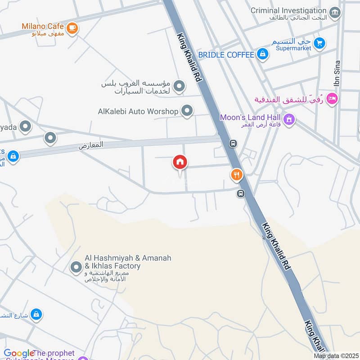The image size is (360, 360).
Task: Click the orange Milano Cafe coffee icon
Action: pos(72,28)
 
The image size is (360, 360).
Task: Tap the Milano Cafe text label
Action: pos(43,26)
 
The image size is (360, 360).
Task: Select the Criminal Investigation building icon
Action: pos(335,12)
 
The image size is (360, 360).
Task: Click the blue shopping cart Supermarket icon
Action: pos(319,43)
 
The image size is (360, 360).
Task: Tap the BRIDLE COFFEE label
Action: pos(226,55)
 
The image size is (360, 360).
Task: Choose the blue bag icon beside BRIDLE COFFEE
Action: pos(263,55)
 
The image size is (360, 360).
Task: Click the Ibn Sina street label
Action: pos(337,74)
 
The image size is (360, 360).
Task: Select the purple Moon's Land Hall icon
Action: pos(289,120)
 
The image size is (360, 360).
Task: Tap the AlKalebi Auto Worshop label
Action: pos(138,111)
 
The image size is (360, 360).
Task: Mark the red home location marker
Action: pos(180,162)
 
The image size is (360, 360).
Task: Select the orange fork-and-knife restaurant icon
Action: pos(237,175)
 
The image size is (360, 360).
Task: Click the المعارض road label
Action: pos(91,145)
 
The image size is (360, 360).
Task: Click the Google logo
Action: pos(19,354)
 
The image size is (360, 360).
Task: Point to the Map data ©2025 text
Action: pos(335,356)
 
